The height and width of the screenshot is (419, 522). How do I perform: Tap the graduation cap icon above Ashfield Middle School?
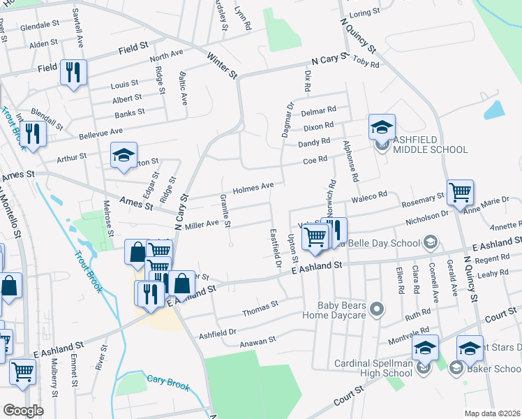click(382, 127)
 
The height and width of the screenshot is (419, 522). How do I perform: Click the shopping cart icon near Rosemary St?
click(460, 192)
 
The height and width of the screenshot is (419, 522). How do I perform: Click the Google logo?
click(23, 411)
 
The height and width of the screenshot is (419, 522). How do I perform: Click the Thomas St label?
click(260, 305)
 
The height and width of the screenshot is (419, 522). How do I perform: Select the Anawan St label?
click(258, 340)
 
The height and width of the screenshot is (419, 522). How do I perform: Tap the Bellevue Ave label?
click(100, 131)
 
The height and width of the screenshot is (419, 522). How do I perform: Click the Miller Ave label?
click(202, 224)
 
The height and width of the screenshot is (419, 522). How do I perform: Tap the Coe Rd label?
click(315, 160)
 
